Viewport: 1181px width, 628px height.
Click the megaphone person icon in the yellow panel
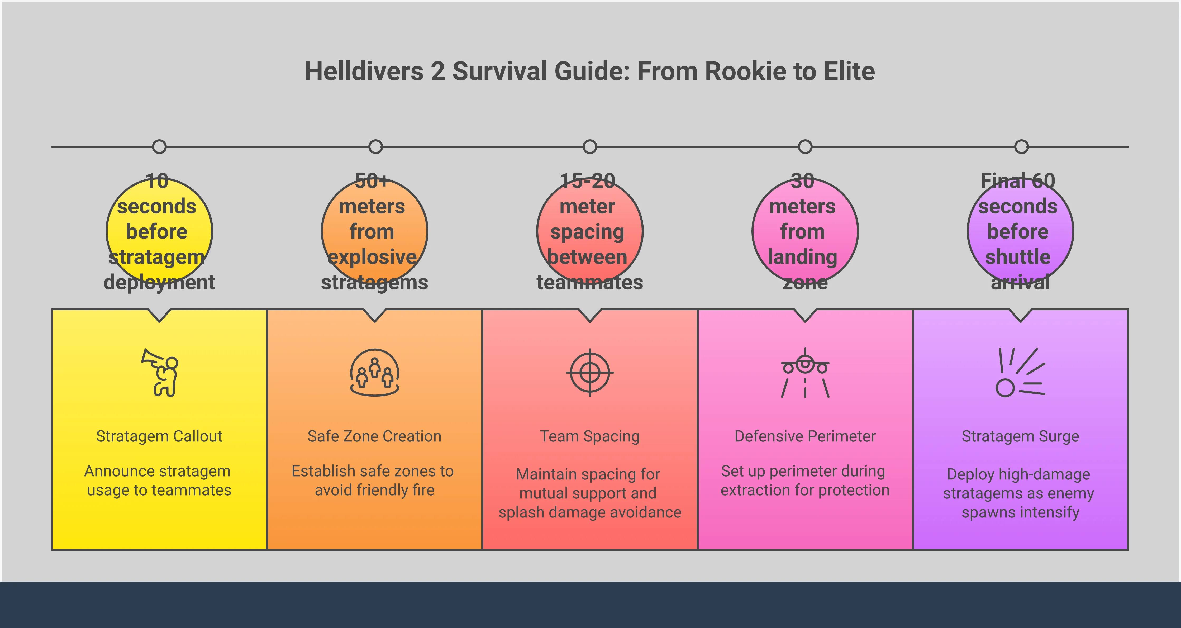pos(160,372)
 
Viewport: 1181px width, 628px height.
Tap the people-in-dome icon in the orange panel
pos(375,372)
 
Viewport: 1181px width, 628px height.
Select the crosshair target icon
pos(590,372)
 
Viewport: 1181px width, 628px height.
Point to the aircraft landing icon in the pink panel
pos(805,372)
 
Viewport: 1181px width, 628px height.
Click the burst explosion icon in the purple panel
pos(1020,372)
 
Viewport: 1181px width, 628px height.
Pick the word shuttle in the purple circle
pos(1018,257)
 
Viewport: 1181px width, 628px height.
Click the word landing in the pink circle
pos(802,257)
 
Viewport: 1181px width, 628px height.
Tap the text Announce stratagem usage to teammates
pos(159,480)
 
